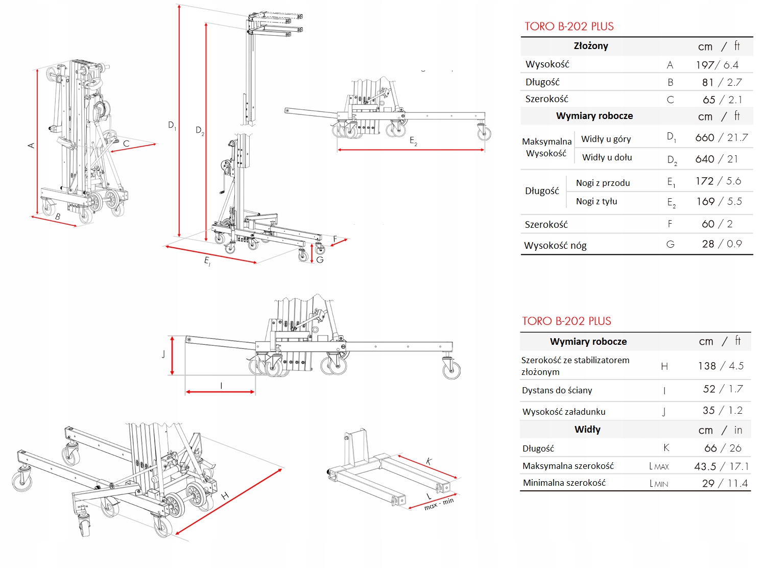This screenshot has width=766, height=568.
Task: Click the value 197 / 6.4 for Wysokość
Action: point(717,65)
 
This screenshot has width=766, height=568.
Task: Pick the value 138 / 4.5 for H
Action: point(721,366)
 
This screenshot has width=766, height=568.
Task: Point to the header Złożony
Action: point(591,46)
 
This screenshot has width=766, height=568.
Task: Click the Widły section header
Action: point(587,430)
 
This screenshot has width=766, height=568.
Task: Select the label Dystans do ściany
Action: point(557,390)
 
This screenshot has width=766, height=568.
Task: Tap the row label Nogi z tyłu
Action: point(596,201)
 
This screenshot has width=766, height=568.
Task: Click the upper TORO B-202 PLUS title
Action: point(569,27)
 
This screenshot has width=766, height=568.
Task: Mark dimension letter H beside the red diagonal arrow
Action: point(225,495)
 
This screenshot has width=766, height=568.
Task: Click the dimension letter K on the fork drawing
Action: point(429,461)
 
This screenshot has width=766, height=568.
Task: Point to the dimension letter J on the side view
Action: point(163,354)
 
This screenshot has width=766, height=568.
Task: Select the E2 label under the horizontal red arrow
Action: point(413,141)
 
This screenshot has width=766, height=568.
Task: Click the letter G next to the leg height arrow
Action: point(320,259)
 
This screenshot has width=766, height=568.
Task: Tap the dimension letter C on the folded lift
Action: point(126,144)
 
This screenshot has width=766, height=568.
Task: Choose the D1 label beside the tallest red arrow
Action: point(172,125)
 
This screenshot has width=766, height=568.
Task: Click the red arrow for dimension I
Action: point(220,392)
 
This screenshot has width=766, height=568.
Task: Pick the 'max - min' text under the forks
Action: point(439,504)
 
